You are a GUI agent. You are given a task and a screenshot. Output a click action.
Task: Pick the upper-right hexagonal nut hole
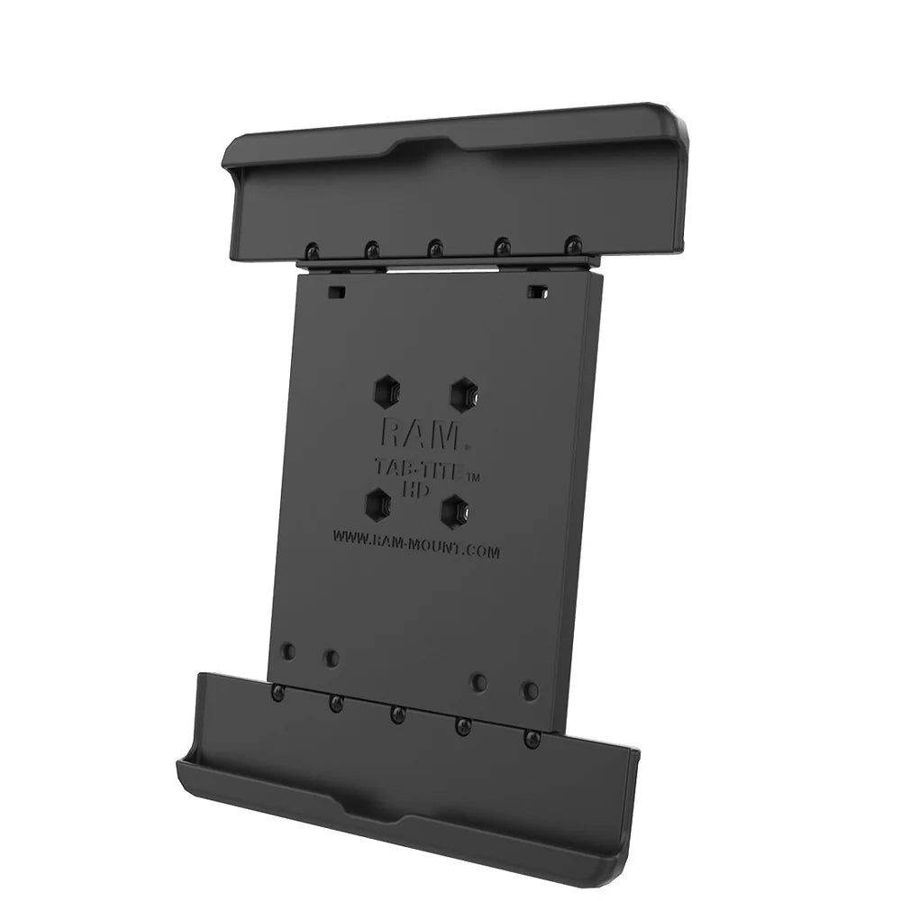coord(464,394)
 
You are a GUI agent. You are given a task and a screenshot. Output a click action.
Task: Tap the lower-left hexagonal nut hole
coord(377,504)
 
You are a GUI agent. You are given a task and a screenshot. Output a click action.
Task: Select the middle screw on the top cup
coord(435,247)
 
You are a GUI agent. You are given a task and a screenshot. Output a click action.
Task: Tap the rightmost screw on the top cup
coord(572,243)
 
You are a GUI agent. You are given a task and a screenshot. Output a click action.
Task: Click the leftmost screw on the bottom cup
coord(278,692)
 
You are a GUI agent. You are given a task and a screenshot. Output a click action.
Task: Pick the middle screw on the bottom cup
coord(396,714)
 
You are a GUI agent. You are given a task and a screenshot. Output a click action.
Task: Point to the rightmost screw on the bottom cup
coord(532,739)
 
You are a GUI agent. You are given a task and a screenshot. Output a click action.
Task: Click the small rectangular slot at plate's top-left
coord(336,290)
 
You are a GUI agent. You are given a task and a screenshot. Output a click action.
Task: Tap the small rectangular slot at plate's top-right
coord(537,291)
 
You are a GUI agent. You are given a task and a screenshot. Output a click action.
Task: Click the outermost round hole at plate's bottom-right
coord(530,691)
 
